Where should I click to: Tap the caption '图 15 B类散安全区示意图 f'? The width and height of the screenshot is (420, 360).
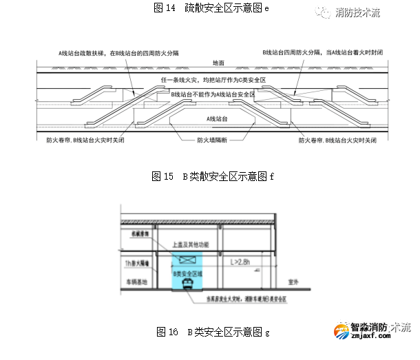(x=212, y=176)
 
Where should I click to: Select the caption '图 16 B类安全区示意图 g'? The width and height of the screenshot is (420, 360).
(x=213, y=332)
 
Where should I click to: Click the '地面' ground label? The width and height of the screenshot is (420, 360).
(x=218, y=63)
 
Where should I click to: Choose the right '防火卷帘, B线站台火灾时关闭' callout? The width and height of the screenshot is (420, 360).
(x=338, y=140)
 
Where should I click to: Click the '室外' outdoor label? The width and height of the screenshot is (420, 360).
(x=295, y=281)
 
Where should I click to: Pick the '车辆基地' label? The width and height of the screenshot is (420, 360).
(x=134, y=282)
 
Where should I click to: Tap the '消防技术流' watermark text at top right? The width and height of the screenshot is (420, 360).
(x=357, y=12)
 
